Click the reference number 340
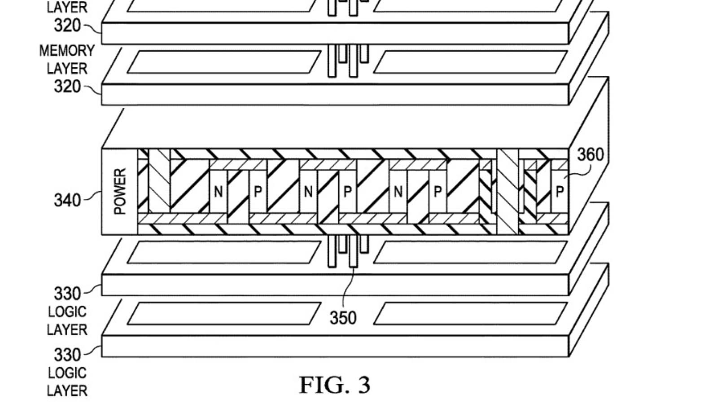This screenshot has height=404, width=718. click(67, 200)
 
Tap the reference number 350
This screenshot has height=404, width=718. click(343, 318)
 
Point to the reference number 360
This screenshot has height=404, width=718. click(590, 155)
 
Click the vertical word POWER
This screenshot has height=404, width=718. click(120, 191)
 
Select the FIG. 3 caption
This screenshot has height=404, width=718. click(335, 385)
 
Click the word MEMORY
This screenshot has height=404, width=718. click(67, 51)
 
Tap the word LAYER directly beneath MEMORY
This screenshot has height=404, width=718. click(67, 69)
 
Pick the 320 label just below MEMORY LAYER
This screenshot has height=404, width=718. click(67, 86)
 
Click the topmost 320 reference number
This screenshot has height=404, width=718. click(67, 26)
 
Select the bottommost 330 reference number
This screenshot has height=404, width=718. click(67, 355)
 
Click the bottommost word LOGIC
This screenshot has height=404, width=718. click(67, 373)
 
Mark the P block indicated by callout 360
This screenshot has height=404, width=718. click(559, 192)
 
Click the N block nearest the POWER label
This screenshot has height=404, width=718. click(218, 192)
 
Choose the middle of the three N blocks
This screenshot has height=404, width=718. click(308, 192)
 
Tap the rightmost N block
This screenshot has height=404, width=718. click(398, 192)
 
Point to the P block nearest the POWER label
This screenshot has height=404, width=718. click(258, 192)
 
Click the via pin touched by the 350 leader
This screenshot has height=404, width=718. click(353, 251)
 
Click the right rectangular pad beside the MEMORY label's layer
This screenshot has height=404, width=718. click(470, 62)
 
